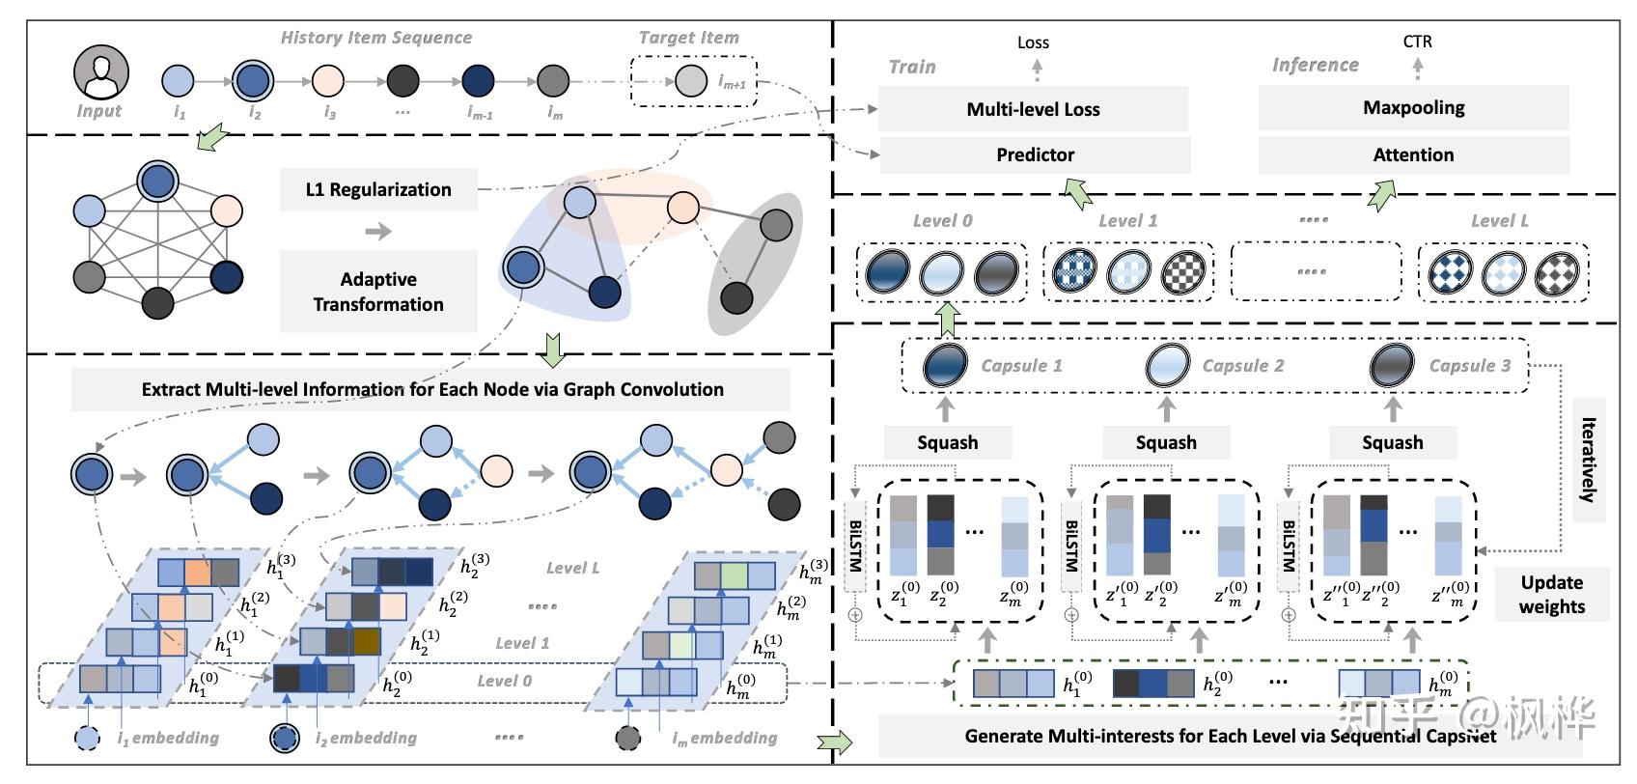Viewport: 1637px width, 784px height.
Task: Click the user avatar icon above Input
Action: pyautogui.click(x=101, y=73)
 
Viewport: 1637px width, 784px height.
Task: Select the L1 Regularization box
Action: pyautogui.click(x=377, y=189)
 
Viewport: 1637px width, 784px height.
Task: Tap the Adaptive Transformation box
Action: pyautogui.click(x=377, y=292)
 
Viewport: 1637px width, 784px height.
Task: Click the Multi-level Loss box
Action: pyautogui.click(x=1033, y=109)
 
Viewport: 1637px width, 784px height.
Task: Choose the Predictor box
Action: pyautogui.click(x=1035, y=154)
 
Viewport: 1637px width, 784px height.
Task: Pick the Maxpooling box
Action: pyautogui.click(x=1413, y=108)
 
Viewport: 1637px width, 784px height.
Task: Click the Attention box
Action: pyautogui.click(x=1413, y=154)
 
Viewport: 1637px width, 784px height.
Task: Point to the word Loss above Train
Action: pyautogui.click(x=1033, y=42)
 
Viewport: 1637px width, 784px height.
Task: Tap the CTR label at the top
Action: pyautogui.click(x=1417, y=42)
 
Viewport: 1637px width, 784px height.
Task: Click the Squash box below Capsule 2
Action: pyautogui.click(x=1165, y=442)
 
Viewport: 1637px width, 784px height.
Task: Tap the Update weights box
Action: pyautogui.click(x=1551, y=594)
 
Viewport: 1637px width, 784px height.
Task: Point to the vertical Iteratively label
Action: pyautogui.click(x=1588, y=460)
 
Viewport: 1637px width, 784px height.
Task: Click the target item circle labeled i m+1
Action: pyautogui.click(x=690, y=81)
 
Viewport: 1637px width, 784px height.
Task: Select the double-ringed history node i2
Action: pyautogui.click(x=254, y=81)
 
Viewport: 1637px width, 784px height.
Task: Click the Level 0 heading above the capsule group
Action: pyautogui.click(x=942, y=221)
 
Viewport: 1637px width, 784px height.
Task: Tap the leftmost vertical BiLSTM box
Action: pyautogui.click(x=855, y=546)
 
